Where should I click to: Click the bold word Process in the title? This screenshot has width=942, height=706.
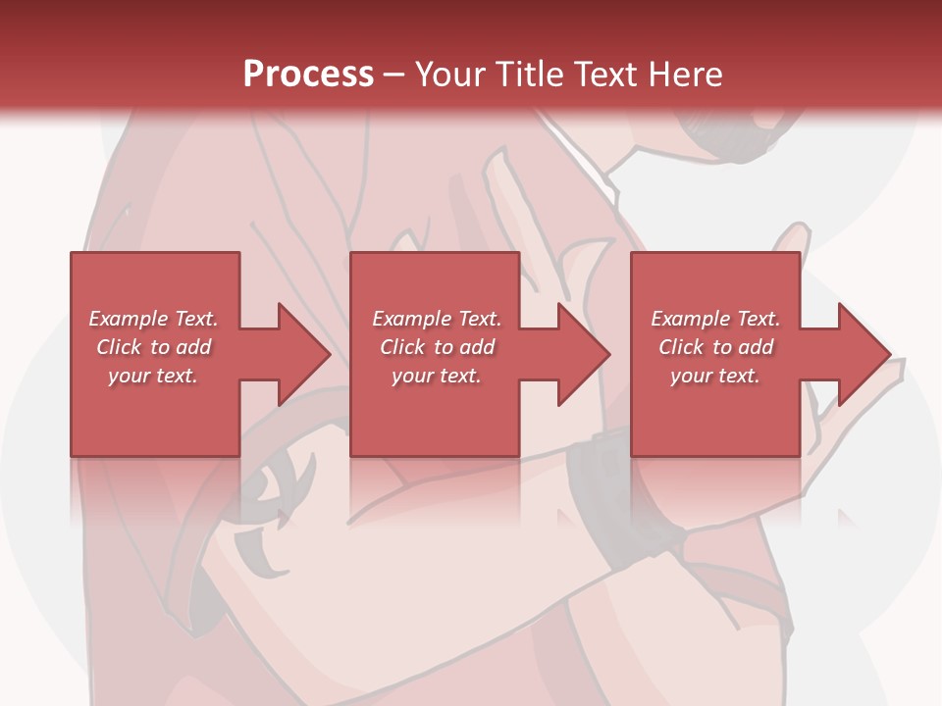pos(308,75)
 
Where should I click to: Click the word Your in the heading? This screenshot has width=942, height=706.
pos(452,75)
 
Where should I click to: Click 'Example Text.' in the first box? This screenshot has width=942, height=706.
pos(153,319)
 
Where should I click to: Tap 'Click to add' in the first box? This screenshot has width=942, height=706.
pos(153,347)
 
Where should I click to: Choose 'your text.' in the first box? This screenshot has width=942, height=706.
pos(153,376)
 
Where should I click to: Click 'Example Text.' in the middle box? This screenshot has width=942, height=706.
pos(437,319)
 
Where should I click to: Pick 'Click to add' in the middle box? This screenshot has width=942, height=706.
pos(437,347)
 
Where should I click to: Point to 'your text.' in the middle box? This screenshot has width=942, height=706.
pos(437,376)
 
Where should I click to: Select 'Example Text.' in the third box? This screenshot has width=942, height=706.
pos(715,319)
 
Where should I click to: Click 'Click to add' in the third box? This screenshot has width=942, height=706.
pos(715,347)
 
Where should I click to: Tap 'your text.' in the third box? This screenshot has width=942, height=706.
pos(715,376)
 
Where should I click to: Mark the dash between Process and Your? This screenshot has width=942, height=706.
pos(393,76)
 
